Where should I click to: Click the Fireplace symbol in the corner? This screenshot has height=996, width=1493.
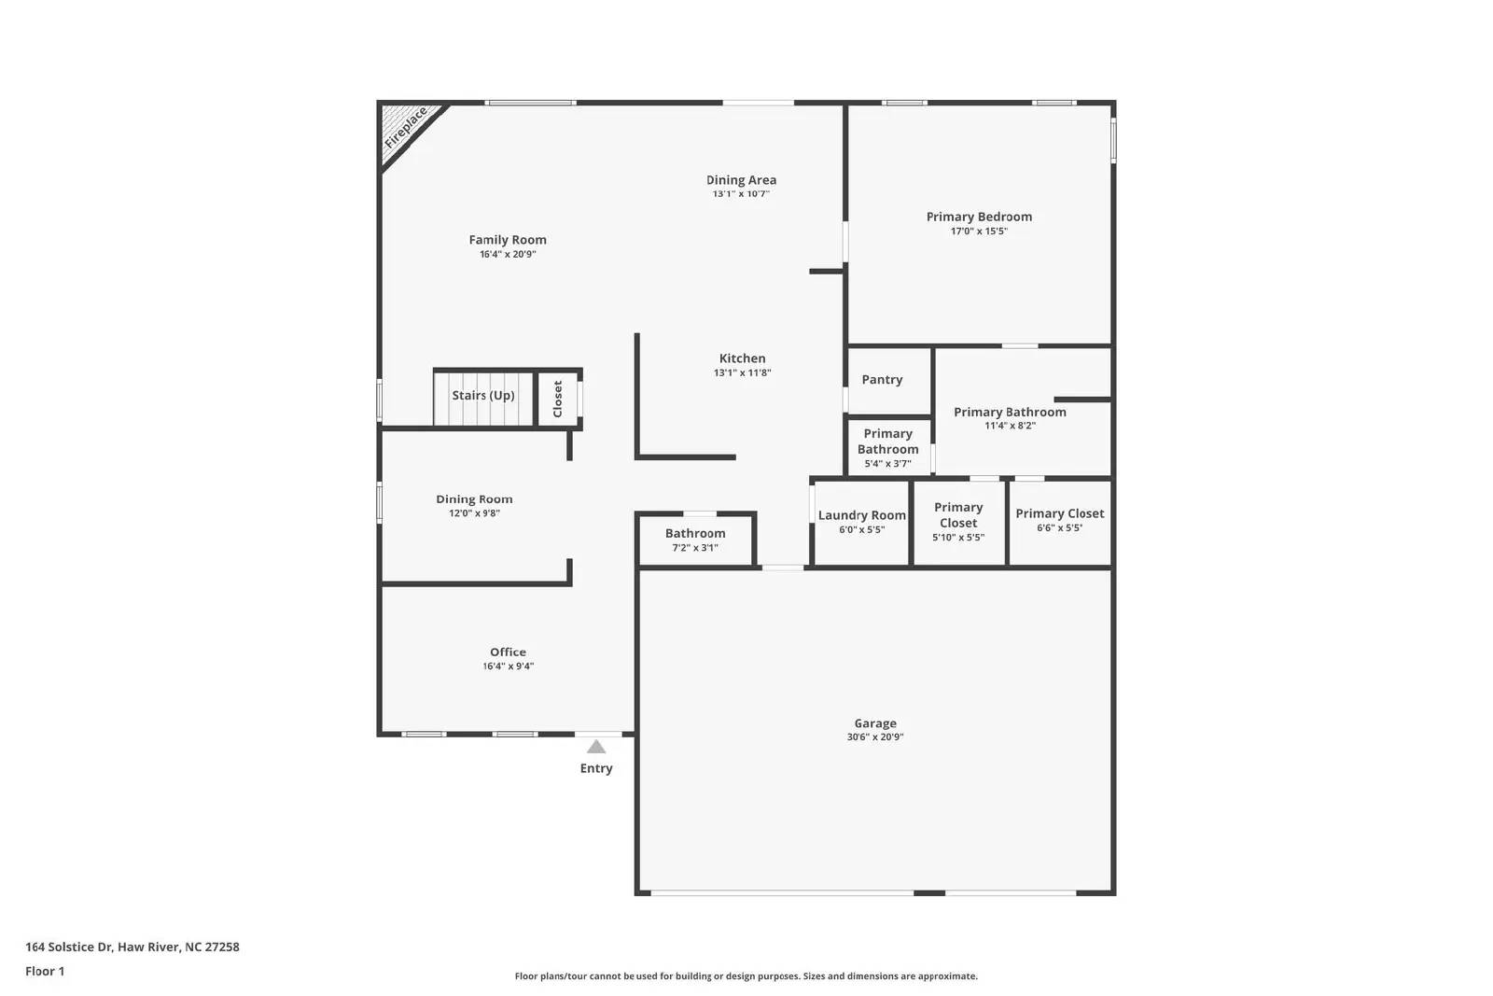point(406,128)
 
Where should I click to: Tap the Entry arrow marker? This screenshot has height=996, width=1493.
point(596,747)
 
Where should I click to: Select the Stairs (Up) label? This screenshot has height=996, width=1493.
point(483,396)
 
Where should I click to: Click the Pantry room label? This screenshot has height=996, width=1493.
point(882,380)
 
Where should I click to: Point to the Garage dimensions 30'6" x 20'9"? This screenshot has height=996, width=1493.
point(875,737)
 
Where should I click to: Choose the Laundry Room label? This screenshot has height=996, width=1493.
point(861,515)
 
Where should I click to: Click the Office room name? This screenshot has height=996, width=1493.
point(508,652)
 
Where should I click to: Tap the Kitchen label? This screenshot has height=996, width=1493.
point(742,358)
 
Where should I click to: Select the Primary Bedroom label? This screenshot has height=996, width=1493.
point(979,217)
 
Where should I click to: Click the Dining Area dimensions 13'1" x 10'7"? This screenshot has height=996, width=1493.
point(741,194)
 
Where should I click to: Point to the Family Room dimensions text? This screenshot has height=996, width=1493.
point(508,254)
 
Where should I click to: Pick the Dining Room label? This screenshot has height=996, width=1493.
point(474,499)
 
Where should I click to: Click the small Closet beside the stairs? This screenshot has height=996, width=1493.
point(558,399)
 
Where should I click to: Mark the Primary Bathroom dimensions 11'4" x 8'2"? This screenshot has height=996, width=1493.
point(1010,426)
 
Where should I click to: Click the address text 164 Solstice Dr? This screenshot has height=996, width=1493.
point(132,947)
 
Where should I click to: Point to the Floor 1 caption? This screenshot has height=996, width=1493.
point(45,971)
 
